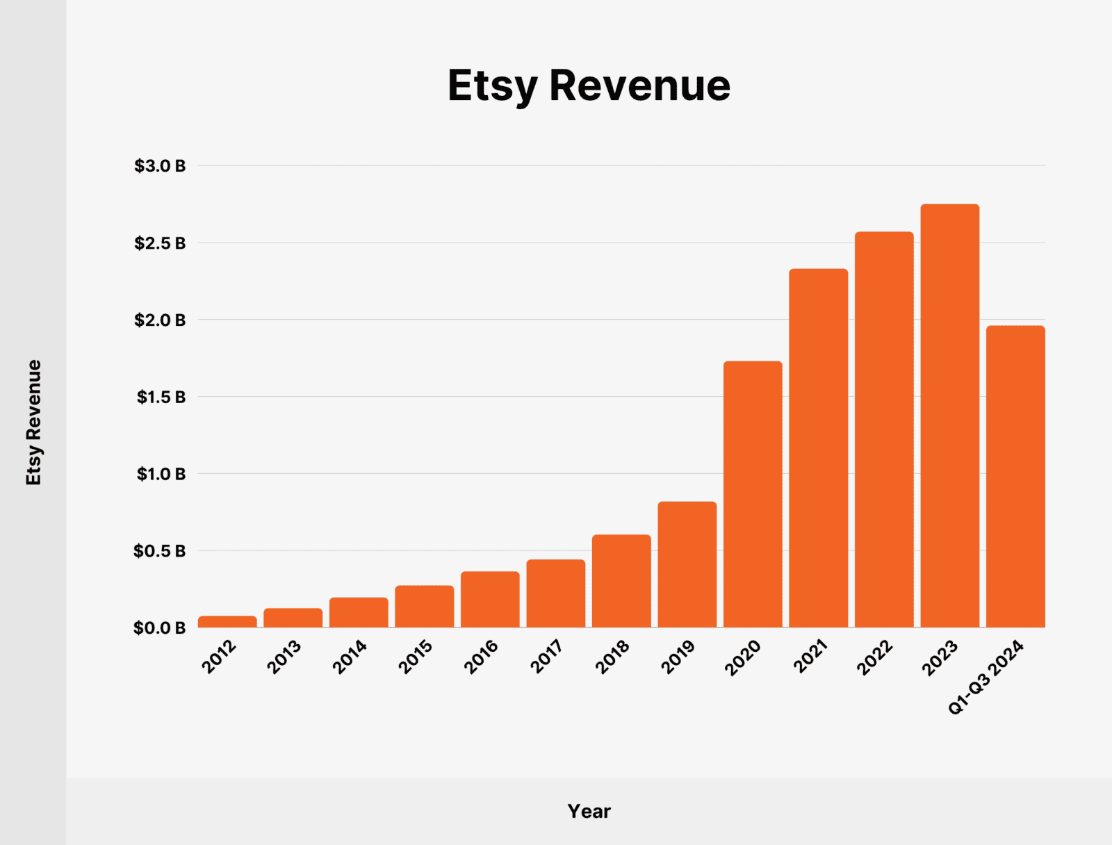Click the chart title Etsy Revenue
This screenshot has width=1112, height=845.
(x=589, y=85)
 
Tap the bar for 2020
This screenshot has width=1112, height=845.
(x=753, y=494)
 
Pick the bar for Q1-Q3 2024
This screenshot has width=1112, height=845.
(x=1015, y=477)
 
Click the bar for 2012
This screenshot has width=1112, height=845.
(x=227, y=622)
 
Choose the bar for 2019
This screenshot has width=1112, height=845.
(x=687, y=564)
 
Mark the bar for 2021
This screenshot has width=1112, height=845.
(x=818, y=448)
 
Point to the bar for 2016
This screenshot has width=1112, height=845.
(x=490, y=599)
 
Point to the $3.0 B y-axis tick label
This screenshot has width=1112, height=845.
(x=160, y=166)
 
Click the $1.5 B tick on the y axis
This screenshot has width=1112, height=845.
(x=161, y=397)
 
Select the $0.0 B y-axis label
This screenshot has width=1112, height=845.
(x=160, y=628)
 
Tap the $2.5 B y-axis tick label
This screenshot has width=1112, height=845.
(x=160, y=243)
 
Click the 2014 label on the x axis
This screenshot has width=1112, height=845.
(x=350, y=657)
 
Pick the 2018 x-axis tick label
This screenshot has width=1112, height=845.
(x=612, y=657)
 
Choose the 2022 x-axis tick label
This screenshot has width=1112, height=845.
(x=875, y=657)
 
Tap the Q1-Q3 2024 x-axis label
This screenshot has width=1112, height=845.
(x=986, y=678)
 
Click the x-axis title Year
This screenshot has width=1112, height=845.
(x=589, y=811)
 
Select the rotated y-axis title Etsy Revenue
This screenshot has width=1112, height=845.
(x=33, y=422)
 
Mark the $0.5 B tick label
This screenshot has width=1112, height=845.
(x=160, y=551)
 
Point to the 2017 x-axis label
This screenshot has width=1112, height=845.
(x=547, y=657)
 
